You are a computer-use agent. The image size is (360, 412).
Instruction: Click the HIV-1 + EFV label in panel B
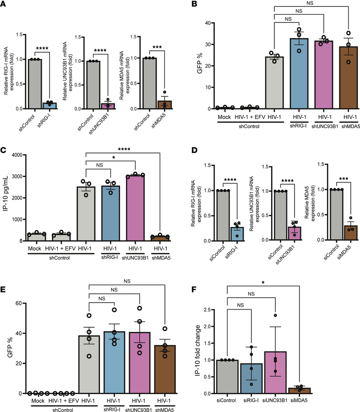tap(245, 116)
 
